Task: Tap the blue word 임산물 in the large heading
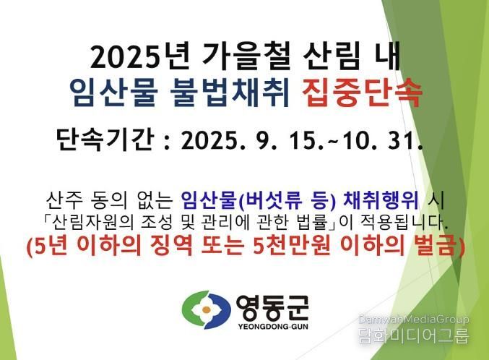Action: [112, 93]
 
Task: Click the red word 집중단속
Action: [362, 93]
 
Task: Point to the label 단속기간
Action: [105, 140]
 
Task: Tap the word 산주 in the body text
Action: [65, 200]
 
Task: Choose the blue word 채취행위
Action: [381, 200]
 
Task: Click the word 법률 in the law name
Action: [312, 223]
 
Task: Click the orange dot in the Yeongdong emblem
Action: [206, 309]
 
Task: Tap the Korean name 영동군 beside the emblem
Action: [272, 307]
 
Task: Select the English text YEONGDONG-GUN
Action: [273, 327]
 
